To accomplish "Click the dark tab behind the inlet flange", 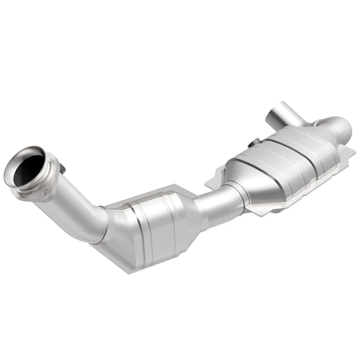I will pyautogui.click(x=62, y=168).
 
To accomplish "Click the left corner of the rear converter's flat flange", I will pyautogui.click(x=208, y=183).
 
